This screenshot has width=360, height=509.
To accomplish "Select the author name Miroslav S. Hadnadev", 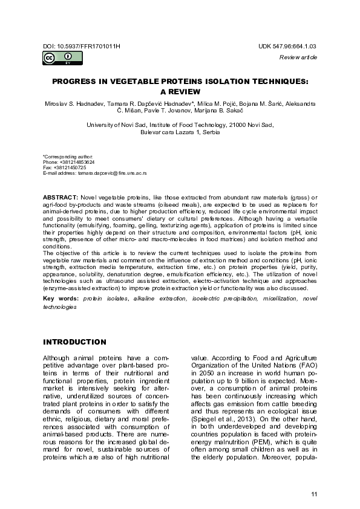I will [x=68, y=105].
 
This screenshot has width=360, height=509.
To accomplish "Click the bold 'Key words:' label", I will [x=61, y=299].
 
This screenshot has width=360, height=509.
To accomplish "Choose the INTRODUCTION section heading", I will [x=74, y=342].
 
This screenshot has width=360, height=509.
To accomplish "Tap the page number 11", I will [x=313, y=494].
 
